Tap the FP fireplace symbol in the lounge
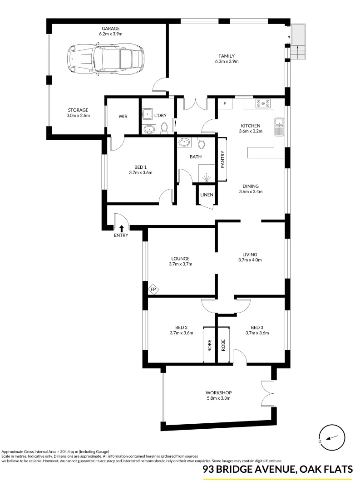153,289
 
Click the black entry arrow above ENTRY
121,228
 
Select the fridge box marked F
224,103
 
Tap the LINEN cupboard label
207,195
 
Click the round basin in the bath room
184,142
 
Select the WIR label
123,117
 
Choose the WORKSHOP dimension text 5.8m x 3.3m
218,398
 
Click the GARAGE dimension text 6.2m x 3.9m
111,34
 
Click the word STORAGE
78,110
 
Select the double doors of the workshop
268,393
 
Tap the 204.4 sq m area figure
78,452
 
